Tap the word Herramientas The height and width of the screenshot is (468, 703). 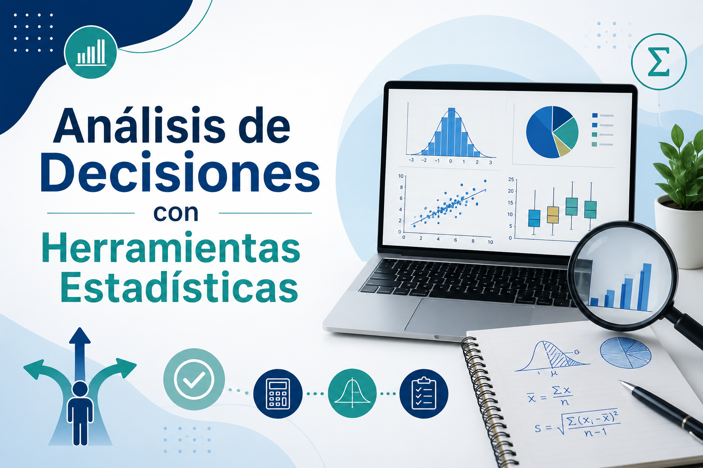point(171,248)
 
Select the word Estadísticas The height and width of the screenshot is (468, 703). point(179,287)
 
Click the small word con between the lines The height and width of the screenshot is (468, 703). point(176,213)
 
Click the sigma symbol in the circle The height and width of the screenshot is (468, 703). point(659,62)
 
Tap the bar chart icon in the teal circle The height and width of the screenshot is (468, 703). point(92,53)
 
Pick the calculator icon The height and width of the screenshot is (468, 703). point(278,394)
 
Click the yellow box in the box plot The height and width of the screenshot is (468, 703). point(553,215)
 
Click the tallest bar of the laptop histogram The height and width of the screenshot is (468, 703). point(451,132)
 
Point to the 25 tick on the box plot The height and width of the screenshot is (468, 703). point(511,179)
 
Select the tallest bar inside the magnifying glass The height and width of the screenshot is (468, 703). point(647,287)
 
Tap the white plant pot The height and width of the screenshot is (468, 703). point(679,233)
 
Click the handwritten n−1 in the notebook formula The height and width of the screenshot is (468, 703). point(595,433)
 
